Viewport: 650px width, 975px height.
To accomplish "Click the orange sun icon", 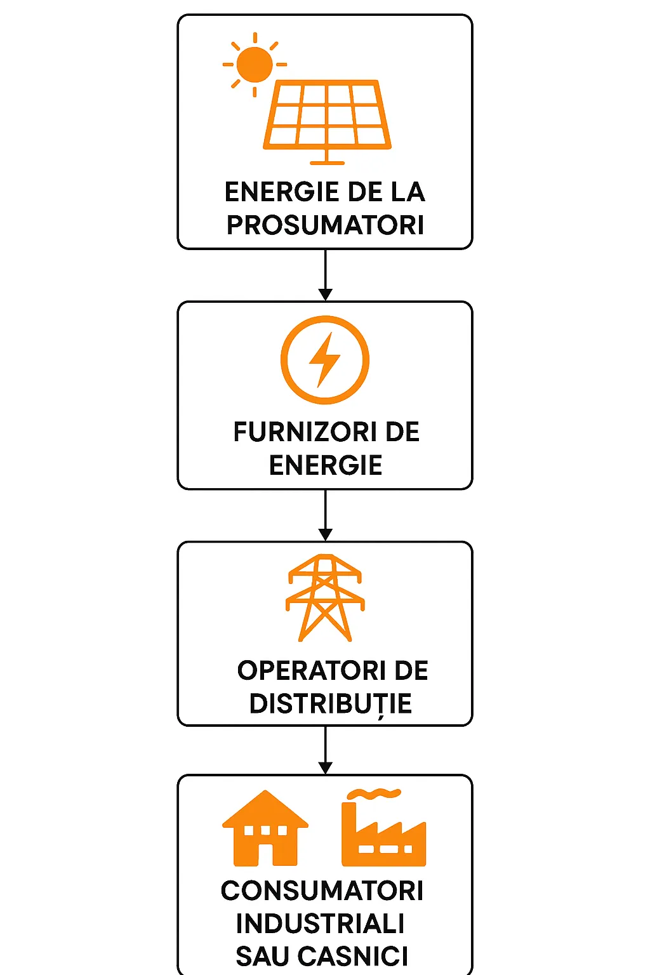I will pos(255,64).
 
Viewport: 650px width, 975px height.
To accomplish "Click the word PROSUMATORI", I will pos(325,225).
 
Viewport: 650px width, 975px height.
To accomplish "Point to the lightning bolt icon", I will pos(324,360).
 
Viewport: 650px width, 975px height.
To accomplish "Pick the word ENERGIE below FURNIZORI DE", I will pos(326,465).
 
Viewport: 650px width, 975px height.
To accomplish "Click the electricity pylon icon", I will pos(325,597).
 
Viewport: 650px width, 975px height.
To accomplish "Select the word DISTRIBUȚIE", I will pos(330,704).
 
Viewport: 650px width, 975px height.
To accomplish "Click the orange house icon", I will pos(265,828).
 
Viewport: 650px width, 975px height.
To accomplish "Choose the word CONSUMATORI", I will pos(322,891).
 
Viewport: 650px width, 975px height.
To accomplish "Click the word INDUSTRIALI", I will pos(320,924).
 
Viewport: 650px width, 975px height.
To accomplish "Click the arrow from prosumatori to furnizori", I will pos(325,275).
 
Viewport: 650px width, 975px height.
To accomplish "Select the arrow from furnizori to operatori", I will pos(325,515).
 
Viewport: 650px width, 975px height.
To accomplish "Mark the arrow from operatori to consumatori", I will pos(325,750).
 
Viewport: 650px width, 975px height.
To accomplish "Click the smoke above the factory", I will pos(375,793).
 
